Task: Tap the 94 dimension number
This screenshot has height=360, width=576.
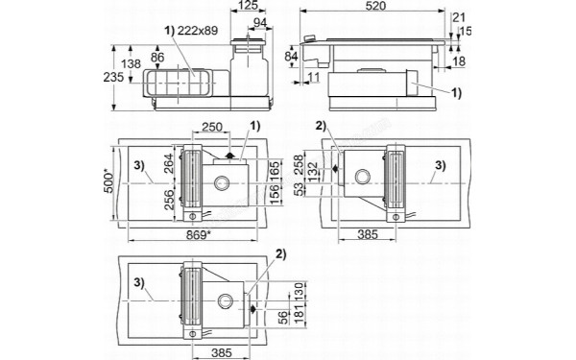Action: tap(258, 22)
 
